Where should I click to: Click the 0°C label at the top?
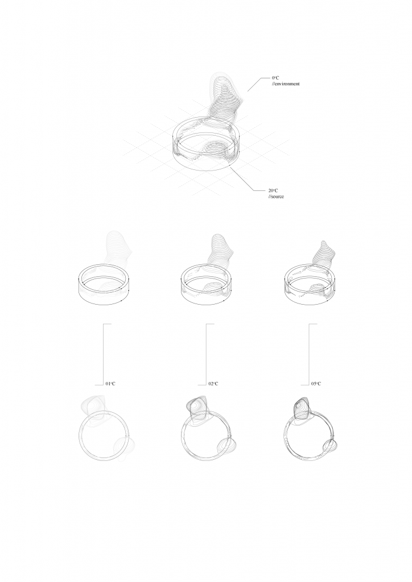tap(275, 78)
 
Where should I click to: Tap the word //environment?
tap(285, 84)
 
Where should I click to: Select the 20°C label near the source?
tap(273, 190)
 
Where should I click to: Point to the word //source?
tap(276, 196)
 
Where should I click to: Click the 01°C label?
tap(110, 384)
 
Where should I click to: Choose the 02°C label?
tap(213, 384)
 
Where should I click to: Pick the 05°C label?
tap(316, 384)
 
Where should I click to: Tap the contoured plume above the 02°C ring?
tap(221, 252)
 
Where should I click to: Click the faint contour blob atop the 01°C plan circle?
tap(95, 408)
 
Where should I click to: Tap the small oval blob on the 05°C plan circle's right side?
tap(330, 445)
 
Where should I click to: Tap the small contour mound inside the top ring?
tap(216, 149)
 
